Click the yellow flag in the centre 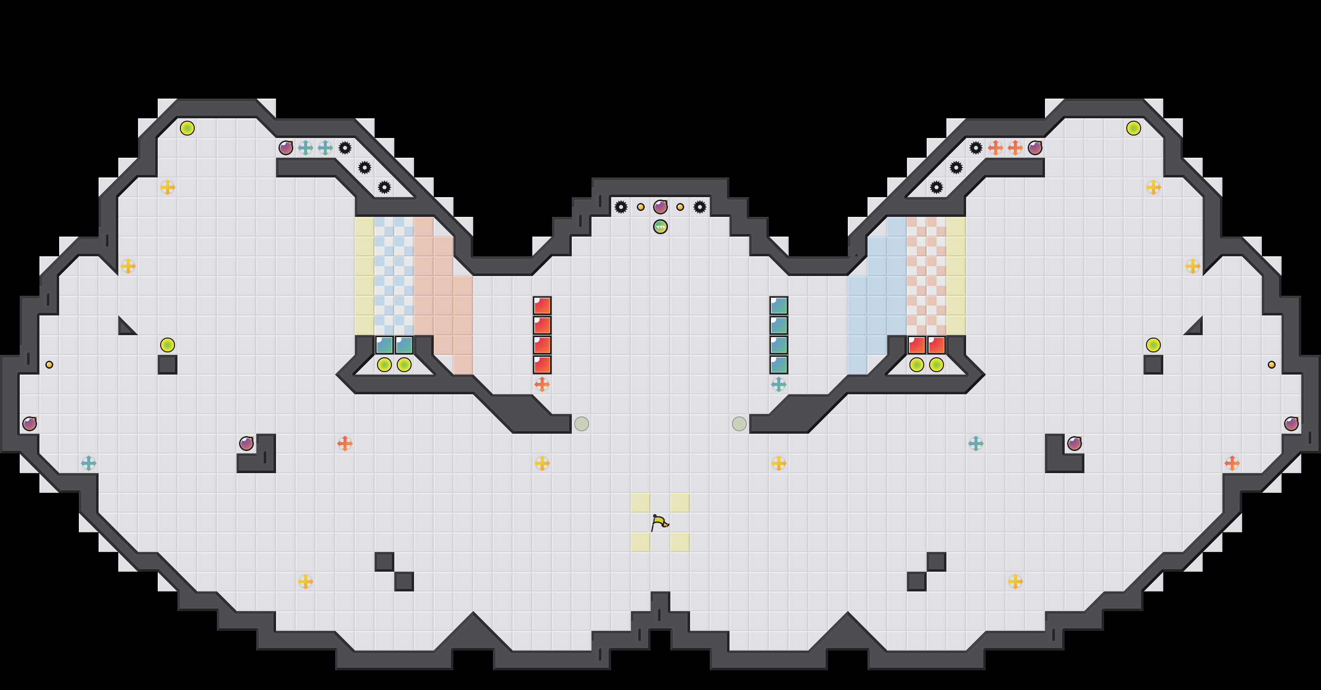pyautogui.click(x=660, y=522)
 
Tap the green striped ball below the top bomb pyautogui.click(x=660, y=227)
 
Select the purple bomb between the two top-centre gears pyautogui.click(x=660, y=207)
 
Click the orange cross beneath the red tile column pyautogui.click(x=542, y=384)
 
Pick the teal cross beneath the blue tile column pyautogui.click(x=778, y=384)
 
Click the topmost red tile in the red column pyautogui.click(x=542, y=306)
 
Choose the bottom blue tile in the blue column pyautogui.click(x=778, y=365)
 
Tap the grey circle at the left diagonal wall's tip pyautogui.click(x=582, y=424)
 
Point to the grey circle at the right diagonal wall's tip pyautogui.click(x=739, y=424)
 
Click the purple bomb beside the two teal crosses pyautogui.click(x=285, y=148)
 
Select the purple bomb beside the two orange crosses pyautogui.click(x=1035, y=148)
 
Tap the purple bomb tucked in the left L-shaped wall pyautogui.click(x=246, y=444)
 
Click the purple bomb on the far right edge pyautogui.click(x=1291, y=424)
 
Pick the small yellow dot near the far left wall pyautogui.click(x=49, y=365)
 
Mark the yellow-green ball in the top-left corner pyautogui.click(x=187, y=128)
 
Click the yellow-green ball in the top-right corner pyautogui.click(x=1133, y=128)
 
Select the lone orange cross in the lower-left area pyautogui.click(x=345, y=444)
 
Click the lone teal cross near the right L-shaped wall pyautogui.click(x=975, y=444)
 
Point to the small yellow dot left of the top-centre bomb pyautogui.click(x=640, y=207)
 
